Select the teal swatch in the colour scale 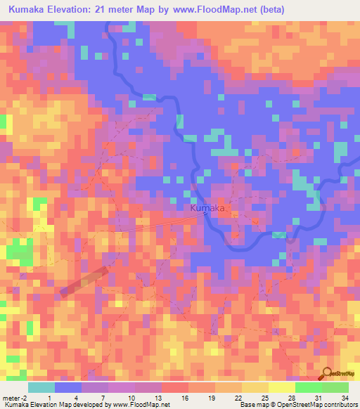click(x=41, y=387)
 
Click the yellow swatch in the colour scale click(x=281, y=387)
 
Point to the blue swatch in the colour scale click(x=68, y=387)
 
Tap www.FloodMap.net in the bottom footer click(x=140, y=405)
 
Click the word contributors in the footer click(x=341, y=405)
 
